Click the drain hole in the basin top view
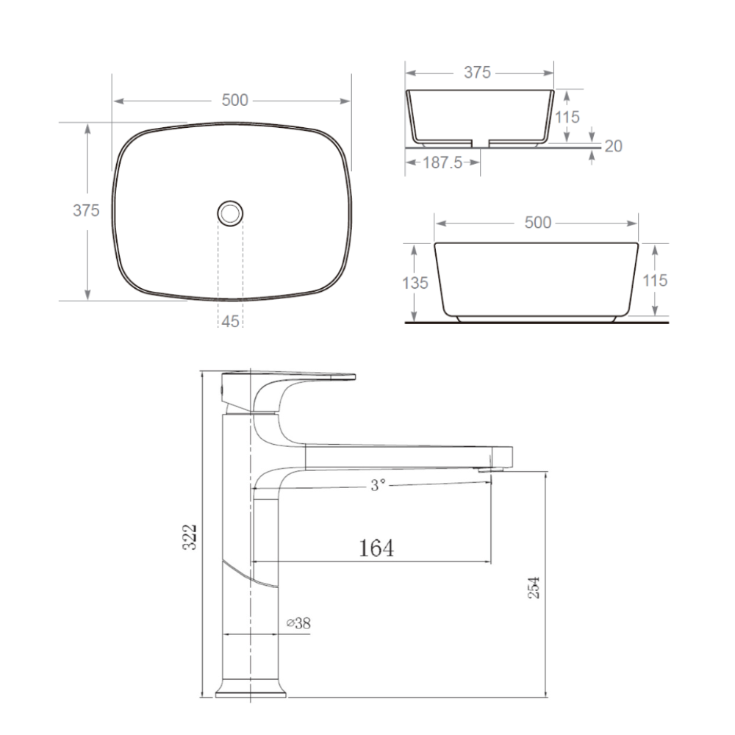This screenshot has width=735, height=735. tap(230, 213)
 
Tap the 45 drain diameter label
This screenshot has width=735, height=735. tap(230, 322)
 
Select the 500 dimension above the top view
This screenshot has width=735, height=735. tap(235, 100)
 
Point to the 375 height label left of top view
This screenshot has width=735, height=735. tap(86, 210)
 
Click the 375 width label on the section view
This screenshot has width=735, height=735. tap(477, 73)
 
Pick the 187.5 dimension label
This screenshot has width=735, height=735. tap(442, 162)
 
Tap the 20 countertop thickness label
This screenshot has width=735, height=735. tap(613, 146)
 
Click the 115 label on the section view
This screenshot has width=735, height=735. tap(567, 117)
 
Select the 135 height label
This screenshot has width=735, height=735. tap(415, 283)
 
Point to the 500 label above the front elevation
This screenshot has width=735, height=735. tap(538, 223)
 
